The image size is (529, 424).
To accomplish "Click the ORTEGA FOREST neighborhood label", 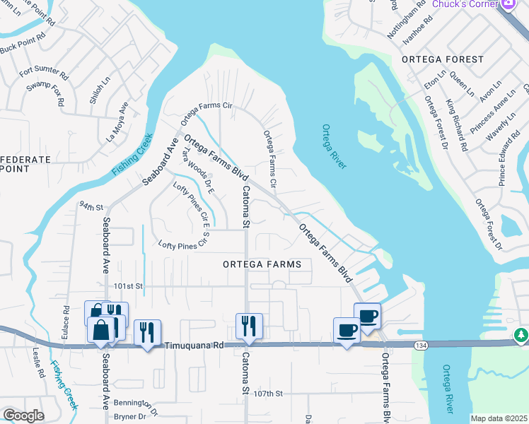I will click(442, 60).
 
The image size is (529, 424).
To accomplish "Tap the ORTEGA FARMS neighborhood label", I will click(262, 264).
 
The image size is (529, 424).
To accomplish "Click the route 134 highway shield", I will click(421, 344).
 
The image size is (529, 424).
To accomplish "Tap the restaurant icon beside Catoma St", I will click(249, 326).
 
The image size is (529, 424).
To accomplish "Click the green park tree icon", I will click(522, 334).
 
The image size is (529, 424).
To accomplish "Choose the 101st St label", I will click(129, 286).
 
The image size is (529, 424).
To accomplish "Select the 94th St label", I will click(91, 208).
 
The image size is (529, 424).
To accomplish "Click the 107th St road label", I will click(269, 393).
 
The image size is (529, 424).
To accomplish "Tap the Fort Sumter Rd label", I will click(44, 72).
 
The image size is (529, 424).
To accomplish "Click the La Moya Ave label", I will click(117, 122).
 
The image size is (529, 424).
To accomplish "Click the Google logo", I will click(23, 416).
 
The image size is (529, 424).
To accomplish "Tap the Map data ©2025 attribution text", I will click(499, 418).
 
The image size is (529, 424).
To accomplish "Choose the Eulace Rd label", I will click(65, 319).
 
